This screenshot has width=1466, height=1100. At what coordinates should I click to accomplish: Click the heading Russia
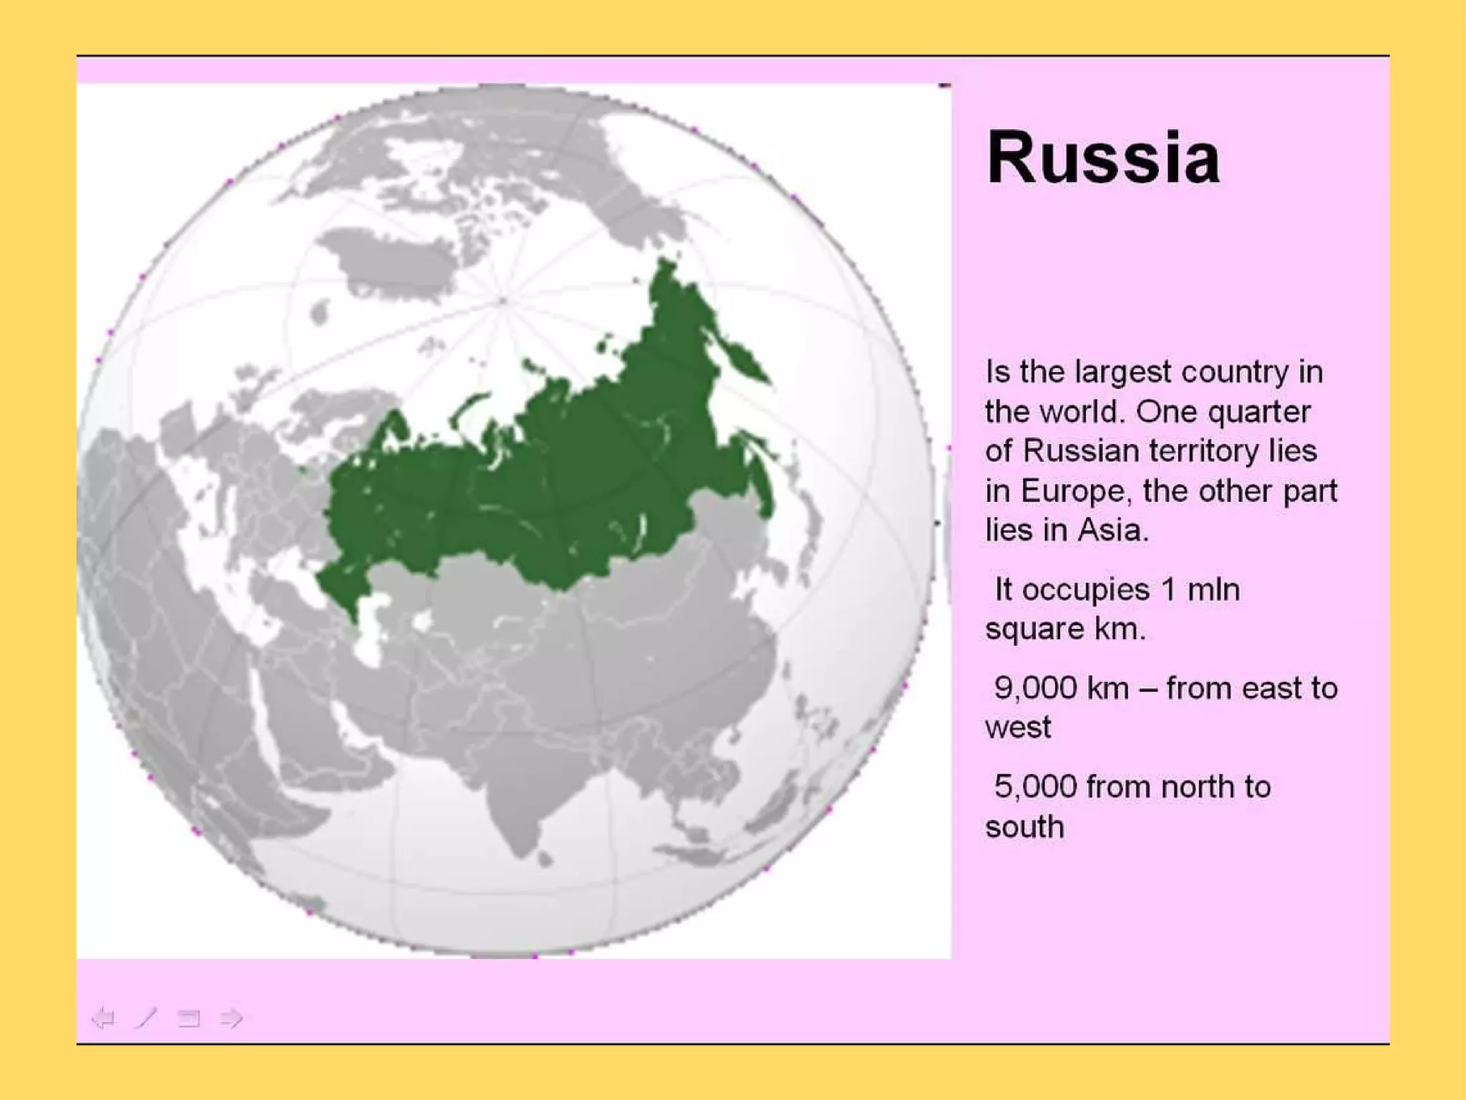1102,158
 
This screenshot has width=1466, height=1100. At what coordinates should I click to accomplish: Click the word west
1018,728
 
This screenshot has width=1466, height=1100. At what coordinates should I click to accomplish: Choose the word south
1024,827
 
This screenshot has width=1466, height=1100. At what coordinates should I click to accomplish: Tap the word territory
1205,451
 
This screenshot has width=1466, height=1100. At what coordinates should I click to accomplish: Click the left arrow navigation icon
104,1018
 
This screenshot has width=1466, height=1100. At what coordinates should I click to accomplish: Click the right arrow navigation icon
231,1018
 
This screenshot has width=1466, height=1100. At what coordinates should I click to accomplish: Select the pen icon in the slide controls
146,1018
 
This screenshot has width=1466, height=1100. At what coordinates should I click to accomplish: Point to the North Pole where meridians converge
503,301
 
